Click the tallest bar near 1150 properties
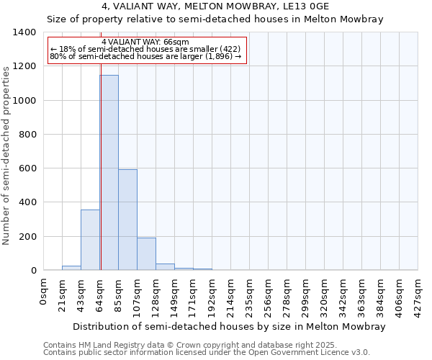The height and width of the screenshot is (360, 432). click(109, 173)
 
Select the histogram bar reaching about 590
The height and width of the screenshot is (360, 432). click(127, 220)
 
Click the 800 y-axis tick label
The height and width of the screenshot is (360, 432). click(27, 135)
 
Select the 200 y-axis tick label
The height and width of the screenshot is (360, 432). click(27, 237)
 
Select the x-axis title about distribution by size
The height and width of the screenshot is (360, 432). click(230, 326)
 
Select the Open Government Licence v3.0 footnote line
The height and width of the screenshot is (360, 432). click(206, 353)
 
